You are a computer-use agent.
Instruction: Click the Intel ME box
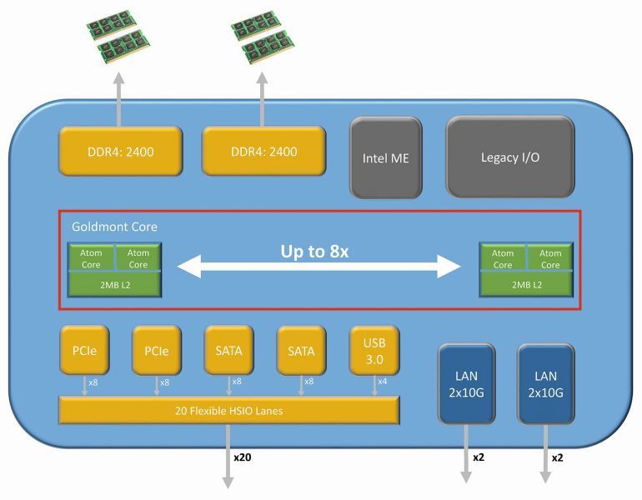pos(385,157)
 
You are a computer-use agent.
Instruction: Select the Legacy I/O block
pos(509,157)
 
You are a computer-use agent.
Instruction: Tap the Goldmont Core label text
pos(114,226)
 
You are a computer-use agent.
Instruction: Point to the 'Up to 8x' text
pos(313,251)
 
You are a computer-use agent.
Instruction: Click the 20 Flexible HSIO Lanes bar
pos(228,409)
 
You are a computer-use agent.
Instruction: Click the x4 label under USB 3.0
pos(382,382)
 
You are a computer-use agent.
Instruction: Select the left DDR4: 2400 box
pos(120,152)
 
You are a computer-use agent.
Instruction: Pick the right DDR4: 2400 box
pos(263,152)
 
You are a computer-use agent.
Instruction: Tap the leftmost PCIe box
pos(83,350)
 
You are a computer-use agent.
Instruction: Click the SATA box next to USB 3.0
pos(301,350)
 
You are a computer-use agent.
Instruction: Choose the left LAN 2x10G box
pos(466,384)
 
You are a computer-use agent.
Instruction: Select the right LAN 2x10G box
pos(545,384)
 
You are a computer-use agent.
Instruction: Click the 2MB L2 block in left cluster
pos(114,284)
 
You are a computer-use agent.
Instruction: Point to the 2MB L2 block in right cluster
pos(526,284)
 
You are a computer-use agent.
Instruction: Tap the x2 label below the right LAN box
pos(558,457)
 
